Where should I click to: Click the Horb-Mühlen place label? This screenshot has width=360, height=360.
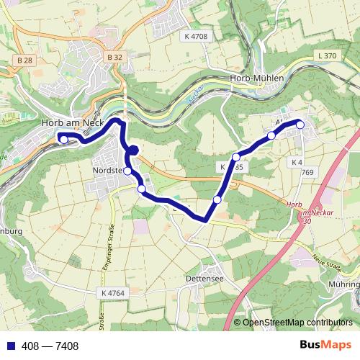click(x=257, y=78)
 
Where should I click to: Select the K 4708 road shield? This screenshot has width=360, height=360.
click(x=195, y=36)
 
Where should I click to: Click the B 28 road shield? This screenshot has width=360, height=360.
click(x=25, y=59)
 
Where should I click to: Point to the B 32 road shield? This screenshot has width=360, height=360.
click(x=114, y=56)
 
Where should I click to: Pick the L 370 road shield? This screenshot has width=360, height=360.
click(x=326, y=55)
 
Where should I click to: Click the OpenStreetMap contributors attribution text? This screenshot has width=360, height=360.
click(x=297, y=323)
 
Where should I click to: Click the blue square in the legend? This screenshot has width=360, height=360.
click(x=9, y=346)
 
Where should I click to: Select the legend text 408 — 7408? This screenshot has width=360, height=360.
click(x=50, y=346)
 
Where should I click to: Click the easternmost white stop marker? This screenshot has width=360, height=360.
click(x=300, y=125)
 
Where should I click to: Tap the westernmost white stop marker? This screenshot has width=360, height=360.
click(x=63, y=140)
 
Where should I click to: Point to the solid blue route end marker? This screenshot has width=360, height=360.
click(x=133, y=150)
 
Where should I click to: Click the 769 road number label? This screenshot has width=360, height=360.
click(x=308, y=172)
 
